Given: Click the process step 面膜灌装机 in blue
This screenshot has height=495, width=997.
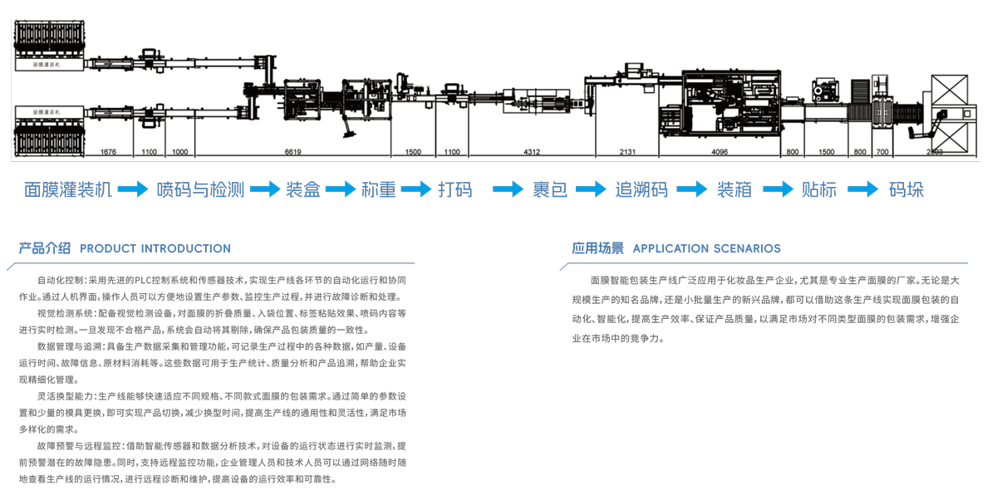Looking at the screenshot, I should click(68, 190).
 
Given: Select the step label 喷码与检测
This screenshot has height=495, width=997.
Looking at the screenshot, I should click(201, 190).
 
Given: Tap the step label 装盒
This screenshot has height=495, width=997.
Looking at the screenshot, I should click(303, 190).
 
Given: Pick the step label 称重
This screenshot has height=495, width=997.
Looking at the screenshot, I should click(379, 190).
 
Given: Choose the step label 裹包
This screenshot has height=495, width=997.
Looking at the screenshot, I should click(550, 190).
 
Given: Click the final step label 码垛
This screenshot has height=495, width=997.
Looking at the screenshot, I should click(906, 190).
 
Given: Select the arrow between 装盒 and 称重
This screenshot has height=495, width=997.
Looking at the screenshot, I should click(341, 190).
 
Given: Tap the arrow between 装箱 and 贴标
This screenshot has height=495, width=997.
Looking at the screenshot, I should click(777, 190).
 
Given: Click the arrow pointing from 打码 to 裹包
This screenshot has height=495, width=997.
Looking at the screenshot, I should click(508, 190).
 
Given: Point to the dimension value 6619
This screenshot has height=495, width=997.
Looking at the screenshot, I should click(292, 153).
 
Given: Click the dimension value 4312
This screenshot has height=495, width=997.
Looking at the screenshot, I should click(532, 153).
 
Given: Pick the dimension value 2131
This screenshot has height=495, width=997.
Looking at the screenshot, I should click(627, 153).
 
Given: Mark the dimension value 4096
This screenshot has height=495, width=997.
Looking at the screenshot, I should click(720, 153).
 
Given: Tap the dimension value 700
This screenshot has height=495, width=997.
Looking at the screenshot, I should click(882, 153).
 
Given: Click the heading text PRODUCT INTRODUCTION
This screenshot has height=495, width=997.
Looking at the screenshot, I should click(155, 248).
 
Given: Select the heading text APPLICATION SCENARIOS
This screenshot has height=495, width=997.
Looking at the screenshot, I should click(707, 248).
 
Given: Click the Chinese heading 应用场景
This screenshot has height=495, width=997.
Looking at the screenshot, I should click(597, 248).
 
